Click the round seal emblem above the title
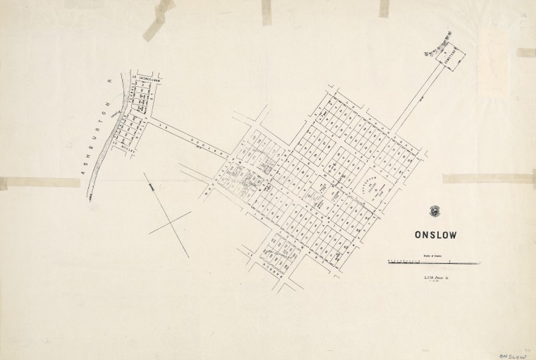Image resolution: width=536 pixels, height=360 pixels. (434, 210)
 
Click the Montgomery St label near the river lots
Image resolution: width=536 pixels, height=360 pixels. (145, 78)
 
